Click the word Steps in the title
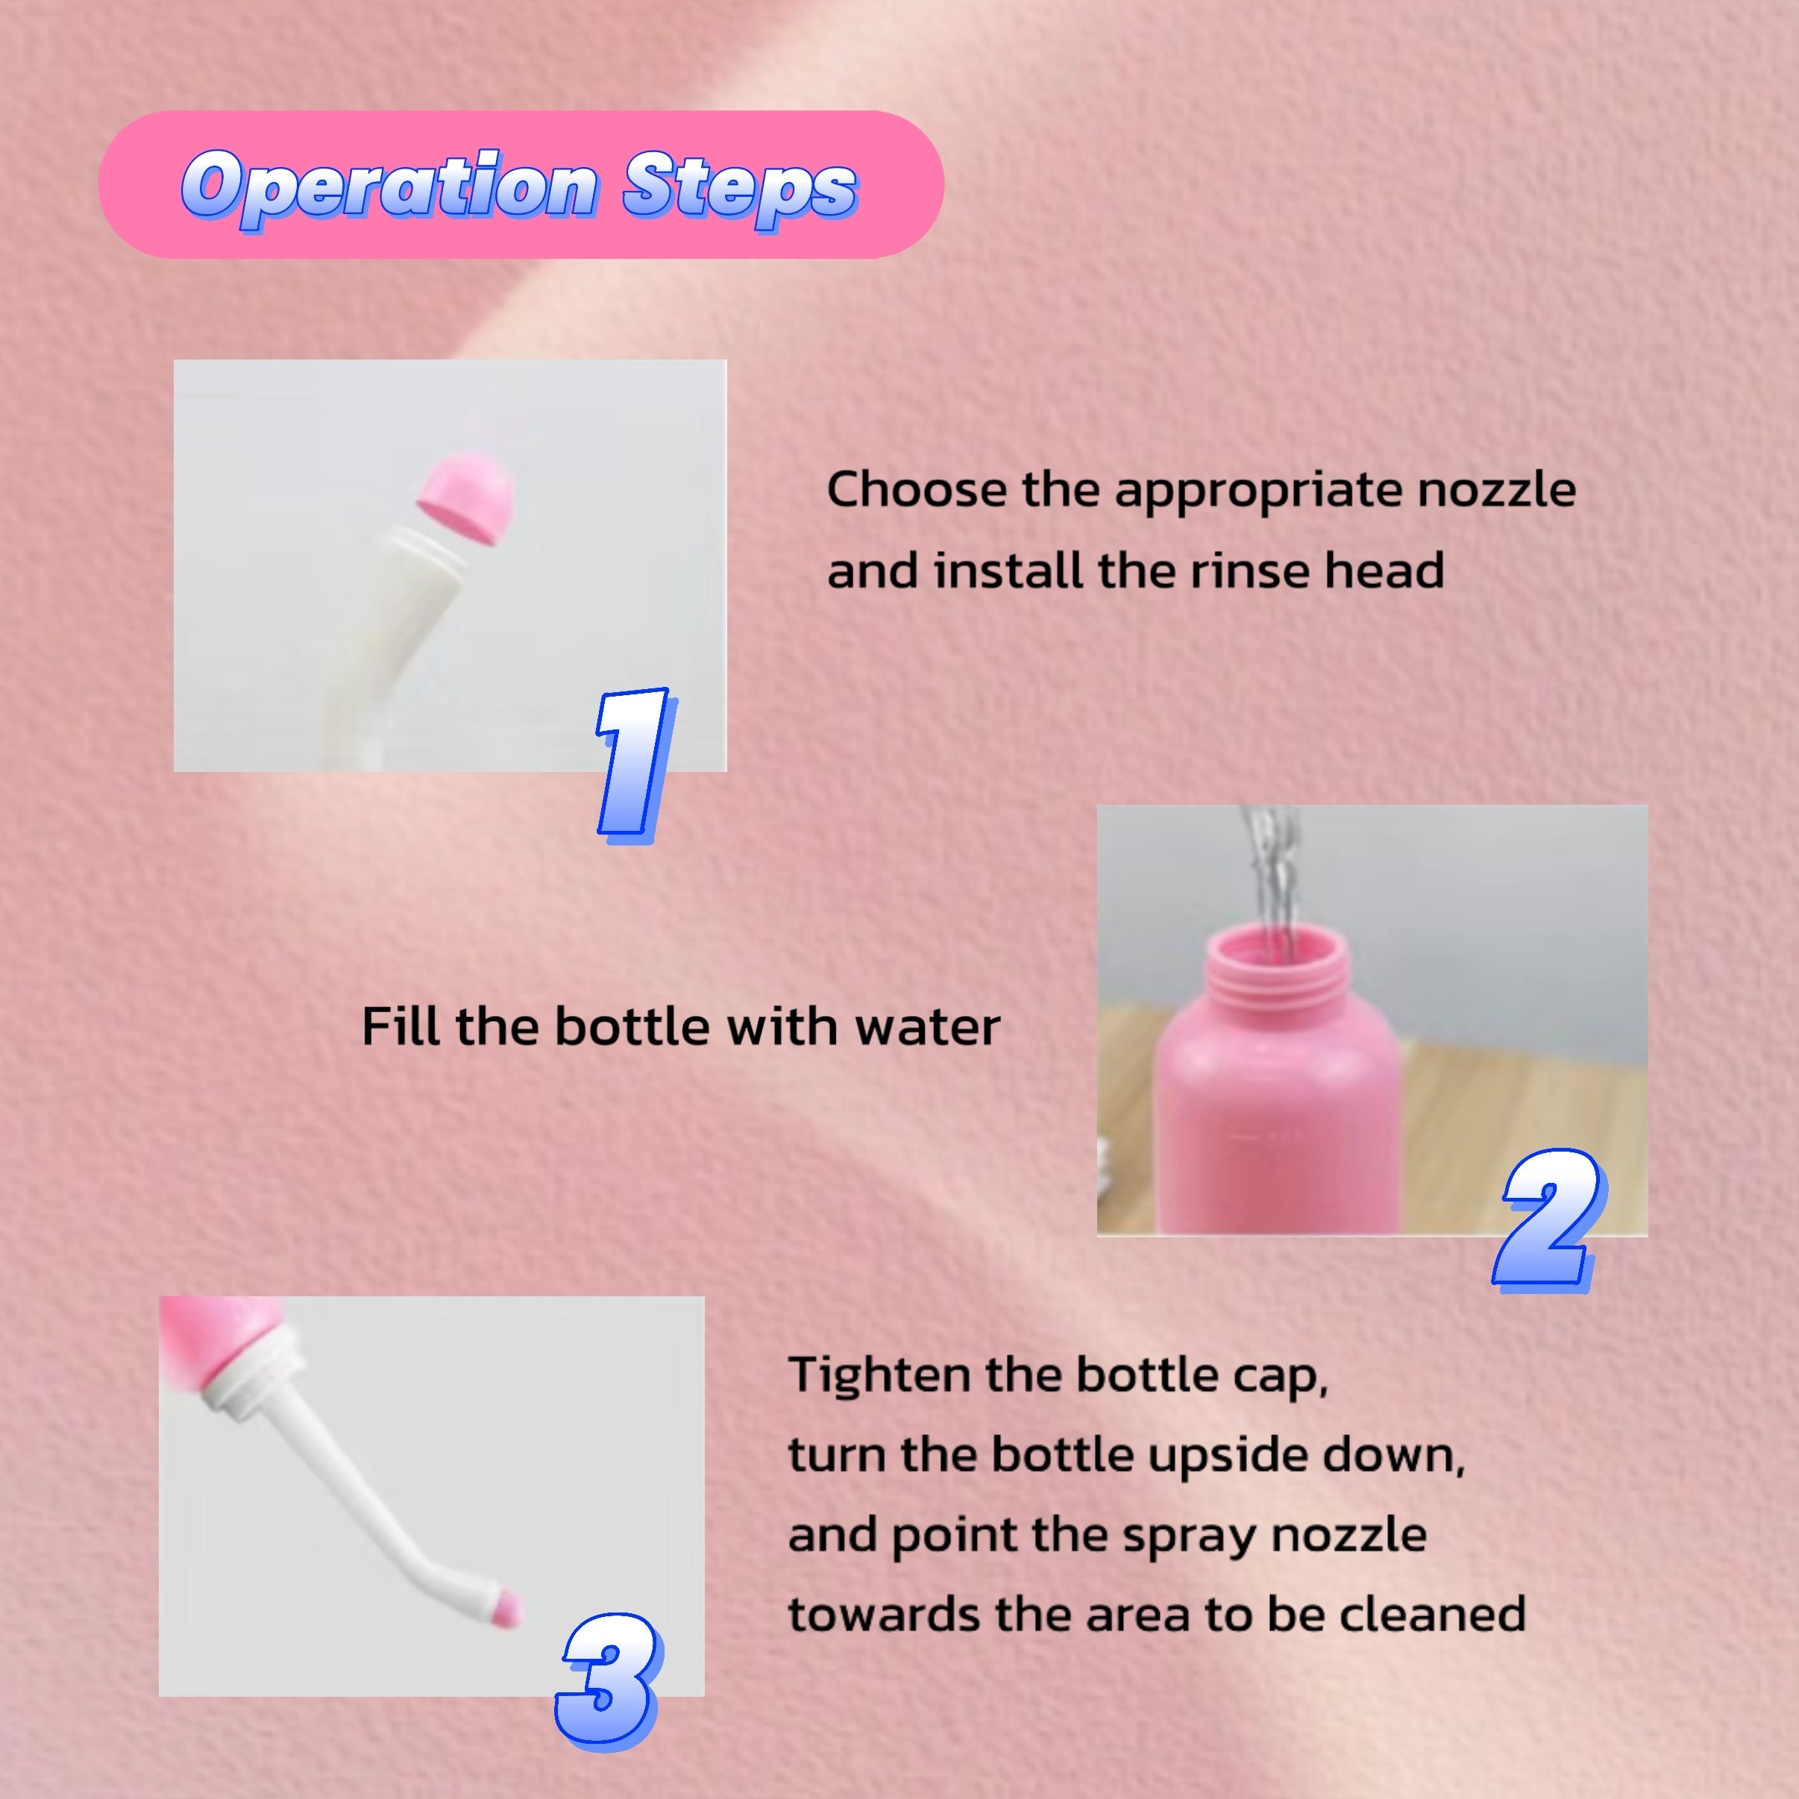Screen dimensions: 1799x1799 click(741, 189)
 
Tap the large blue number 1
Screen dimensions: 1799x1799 click(634, 765)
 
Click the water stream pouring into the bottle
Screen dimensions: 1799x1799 click(1271, 880)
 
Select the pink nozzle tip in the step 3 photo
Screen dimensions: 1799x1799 click(507, 1608)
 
